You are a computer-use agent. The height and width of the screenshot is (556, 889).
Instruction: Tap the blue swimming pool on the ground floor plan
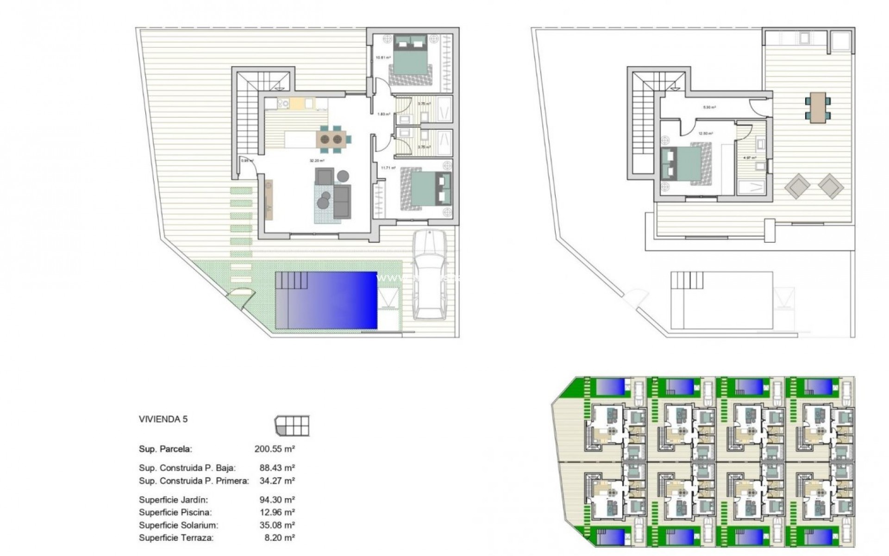click(x=326, y=300)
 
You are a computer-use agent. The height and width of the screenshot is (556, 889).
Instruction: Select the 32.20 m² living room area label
click(x=317, y=161)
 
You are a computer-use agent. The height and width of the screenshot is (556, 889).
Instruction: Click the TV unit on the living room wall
click(x=269, y=200)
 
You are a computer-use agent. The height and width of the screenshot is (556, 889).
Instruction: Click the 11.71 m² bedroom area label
click(x=388, y=168)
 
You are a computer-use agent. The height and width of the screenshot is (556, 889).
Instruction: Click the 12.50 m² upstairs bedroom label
click(x=706, y=133)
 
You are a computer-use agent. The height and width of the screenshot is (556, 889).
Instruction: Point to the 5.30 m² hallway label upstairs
click(x=709, y=107)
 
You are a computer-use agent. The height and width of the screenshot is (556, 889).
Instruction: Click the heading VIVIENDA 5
click(x=163, y=419)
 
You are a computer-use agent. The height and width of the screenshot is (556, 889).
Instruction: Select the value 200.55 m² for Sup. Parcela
click(x=275, y=449)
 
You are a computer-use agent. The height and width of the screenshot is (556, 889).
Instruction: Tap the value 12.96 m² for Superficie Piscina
click(x=277, y=512)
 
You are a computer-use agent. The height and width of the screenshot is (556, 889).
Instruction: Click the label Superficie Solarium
click(x=178, y=525)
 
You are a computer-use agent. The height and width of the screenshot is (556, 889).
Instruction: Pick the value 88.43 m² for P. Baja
click(x=277, y=468)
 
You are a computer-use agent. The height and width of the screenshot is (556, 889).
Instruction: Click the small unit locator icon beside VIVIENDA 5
click(x=292, y=425)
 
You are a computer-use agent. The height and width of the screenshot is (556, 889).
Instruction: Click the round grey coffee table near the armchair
click(x=343, y=176)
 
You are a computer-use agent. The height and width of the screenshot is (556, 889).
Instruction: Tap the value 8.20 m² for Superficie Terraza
click(x=280, y=538)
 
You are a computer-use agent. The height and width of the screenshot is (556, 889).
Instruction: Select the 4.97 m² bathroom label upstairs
click(x=750, y=158)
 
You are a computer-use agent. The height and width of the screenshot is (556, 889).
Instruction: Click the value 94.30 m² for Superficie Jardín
click(x=277, y=500)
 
